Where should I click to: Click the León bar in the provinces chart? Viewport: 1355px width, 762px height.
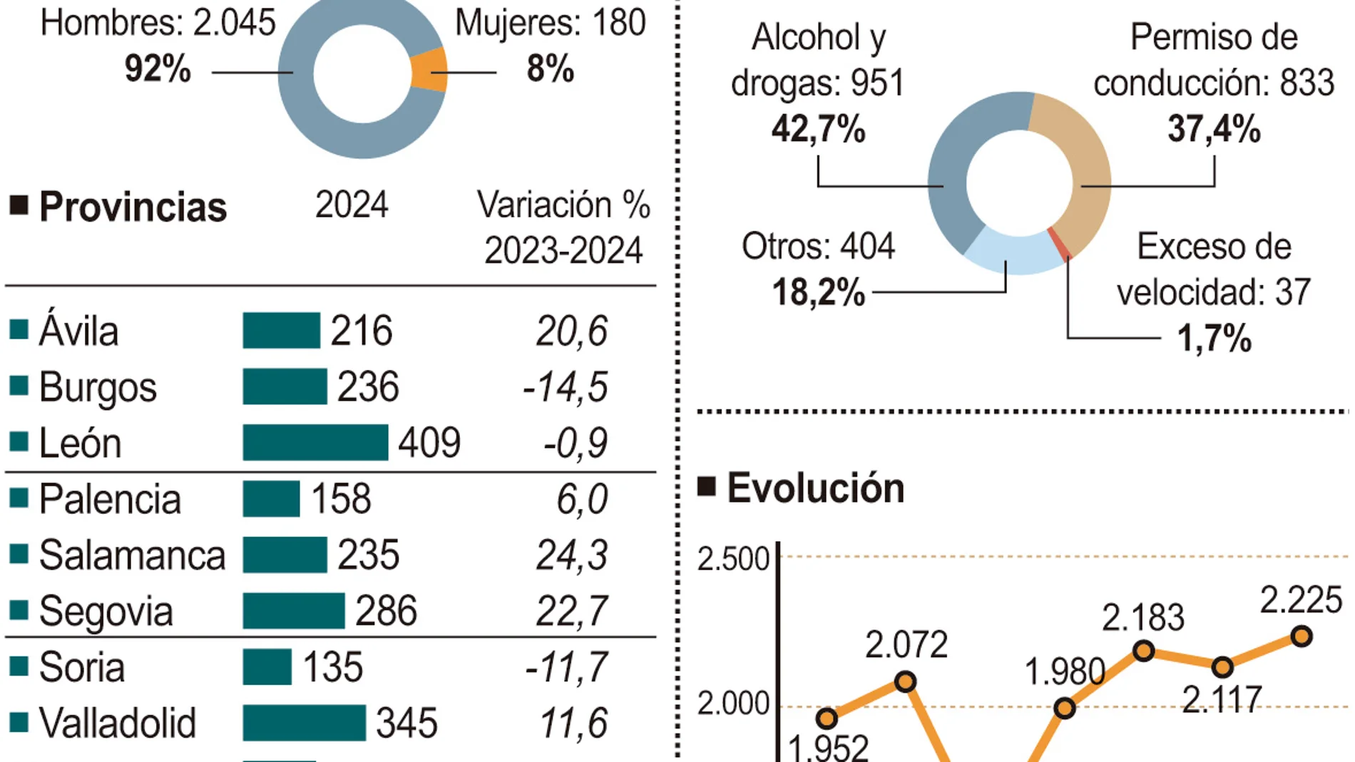coord(315,443)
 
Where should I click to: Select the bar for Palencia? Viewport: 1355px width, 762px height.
coord(271,499)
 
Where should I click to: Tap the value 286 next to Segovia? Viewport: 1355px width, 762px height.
coord(386,612)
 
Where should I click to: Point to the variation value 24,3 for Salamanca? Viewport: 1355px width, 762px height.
coord(572,555)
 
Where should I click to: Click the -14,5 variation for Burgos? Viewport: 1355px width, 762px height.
coord(566,387)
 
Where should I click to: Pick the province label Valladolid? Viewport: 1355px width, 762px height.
coord(117,724)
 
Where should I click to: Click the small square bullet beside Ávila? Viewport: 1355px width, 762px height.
coord(19,330)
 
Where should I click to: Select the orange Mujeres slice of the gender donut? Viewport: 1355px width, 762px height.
coord(429,71)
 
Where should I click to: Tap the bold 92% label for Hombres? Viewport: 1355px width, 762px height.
coord(158,69)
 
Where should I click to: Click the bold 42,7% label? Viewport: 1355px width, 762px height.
coord(818,130)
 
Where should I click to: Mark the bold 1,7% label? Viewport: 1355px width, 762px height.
coord(1214,339)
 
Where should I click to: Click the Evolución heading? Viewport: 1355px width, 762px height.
coord(815,489)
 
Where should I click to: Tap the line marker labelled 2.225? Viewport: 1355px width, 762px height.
coord(1302,636)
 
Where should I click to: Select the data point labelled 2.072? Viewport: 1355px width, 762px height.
coord(905,681)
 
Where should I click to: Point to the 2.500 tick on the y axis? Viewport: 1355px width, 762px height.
coord(732,560)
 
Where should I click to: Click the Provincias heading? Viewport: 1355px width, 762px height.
coord(133,207)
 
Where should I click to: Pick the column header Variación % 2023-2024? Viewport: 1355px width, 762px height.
coord(563,227)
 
